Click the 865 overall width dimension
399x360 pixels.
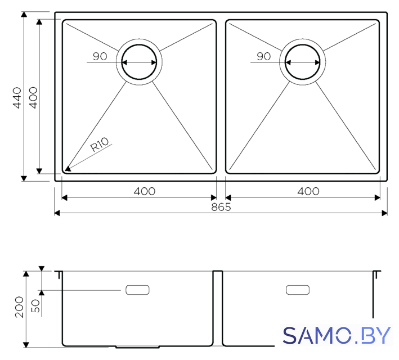pyautogui.click(x=221, y=207)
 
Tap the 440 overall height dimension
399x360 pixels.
pyautogui.click(x=17, y=98)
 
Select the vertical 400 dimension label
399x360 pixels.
pyautogui.click(x=33, y=98)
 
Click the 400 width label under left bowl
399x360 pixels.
pyautogui.click(x=145, y=191)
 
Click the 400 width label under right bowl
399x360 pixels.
pyautogui.click(x=308, y=191)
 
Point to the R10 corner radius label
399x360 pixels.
pyautogui.click(x=100, y=145)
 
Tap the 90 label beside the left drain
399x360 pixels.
pyautogui.click(x=100, y=56)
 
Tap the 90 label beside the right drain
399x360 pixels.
pyautogui.click(x=263, y=56)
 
